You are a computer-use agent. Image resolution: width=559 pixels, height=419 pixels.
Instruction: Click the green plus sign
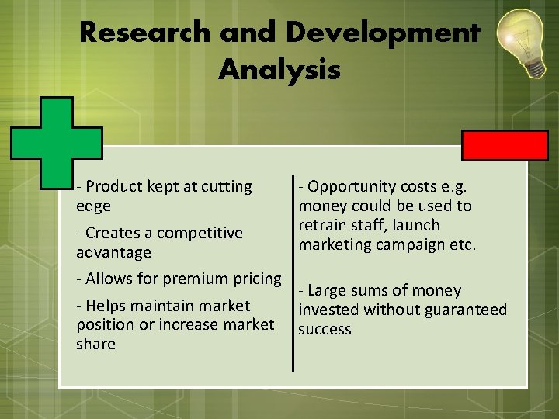pos(57,142)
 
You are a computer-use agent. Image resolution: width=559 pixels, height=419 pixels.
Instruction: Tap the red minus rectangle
pos(505,145)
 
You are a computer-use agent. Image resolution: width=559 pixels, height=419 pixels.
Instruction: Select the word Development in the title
pos(382,33)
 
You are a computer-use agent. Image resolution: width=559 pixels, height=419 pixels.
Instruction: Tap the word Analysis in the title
pos(279,70)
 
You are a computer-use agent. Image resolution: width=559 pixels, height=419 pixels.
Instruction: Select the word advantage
pos(113,252)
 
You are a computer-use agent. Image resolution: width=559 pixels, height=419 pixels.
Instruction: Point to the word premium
pos(193,278)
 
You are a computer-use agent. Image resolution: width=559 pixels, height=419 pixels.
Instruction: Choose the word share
pos(95,344)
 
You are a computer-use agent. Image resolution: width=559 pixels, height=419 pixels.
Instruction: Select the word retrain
pos(324,225)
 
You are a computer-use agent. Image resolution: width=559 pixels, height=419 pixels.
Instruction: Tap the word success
pos(325,330)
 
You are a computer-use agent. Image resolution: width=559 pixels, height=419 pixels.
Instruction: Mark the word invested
pos(330,310)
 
